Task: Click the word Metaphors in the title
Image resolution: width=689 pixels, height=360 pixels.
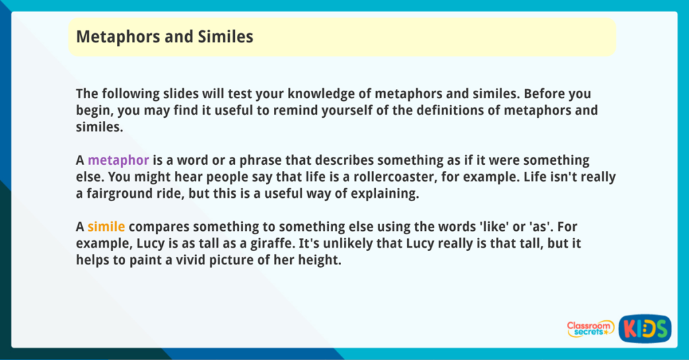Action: (111, 36)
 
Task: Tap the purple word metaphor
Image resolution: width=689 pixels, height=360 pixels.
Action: (118, 161)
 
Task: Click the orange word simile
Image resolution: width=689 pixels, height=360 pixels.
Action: (106, 227)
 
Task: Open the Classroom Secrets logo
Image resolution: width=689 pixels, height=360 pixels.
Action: (589, 328)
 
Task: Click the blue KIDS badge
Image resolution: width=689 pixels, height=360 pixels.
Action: (645, 328)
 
